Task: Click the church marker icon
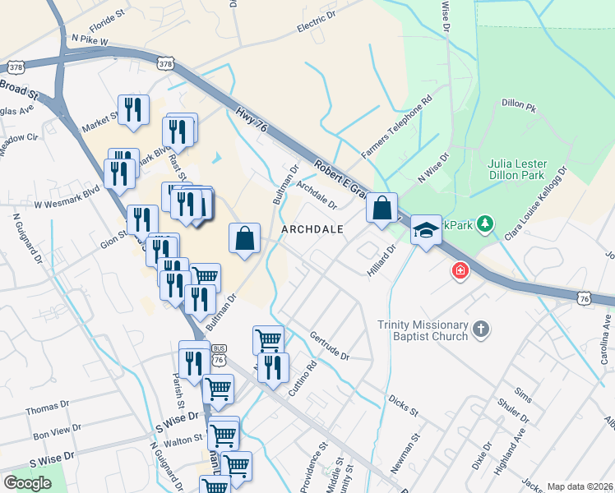click(x=482, y=330)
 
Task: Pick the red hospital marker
click(x=459, y=270)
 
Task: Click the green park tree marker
click(x=486, y=223)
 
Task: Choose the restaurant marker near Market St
click(x=133, y=108)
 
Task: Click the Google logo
click(x=27, y=483)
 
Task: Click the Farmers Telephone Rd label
click(x=396, y=127)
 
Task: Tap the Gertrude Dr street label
click(x=330, y=346)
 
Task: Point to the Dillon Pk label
click(x=518, y=105)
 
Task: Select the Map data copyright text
click(x=580, y=486)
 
